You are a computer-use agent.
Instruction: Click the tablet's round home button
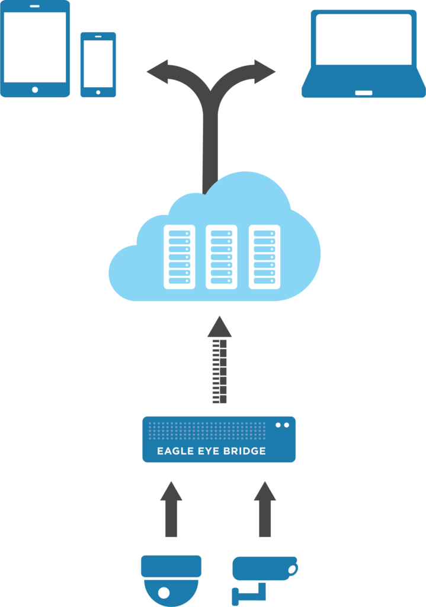35,90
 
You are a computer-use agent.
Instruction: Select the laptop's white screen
363,39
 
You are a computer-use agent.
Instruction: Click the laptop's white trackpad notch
363,93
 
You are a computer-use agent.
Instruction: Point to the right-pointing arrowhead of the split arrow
267,72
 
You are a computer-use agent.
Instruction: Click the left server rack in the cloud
179,257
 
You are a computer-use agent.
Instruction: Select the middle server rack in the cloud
221,257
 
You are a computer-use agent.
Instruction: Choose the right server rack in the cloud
264,257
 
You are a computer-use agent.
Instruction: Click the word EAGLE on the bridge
175,452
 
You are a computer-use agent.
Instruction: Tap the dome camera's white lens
164,592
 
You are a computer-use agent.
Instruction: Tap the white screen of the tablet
35,47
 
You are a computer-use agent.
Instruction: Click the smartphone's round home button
98,92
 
